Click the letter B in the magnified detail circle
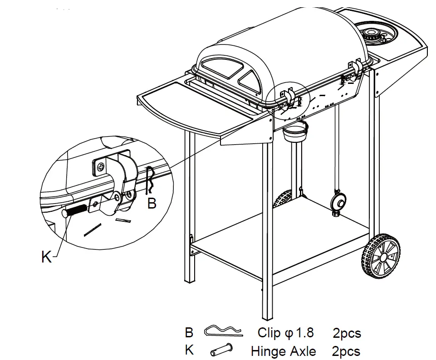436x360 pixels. tap(152, 204)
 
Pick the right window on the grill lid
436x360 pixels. tap(252, 81)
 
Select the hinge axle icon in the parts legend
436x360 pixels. tap(222, 350)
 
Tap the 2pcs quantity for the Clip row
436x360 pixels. tap(347, 333)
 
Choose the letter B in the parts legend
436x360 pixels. tap(189, 332)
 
